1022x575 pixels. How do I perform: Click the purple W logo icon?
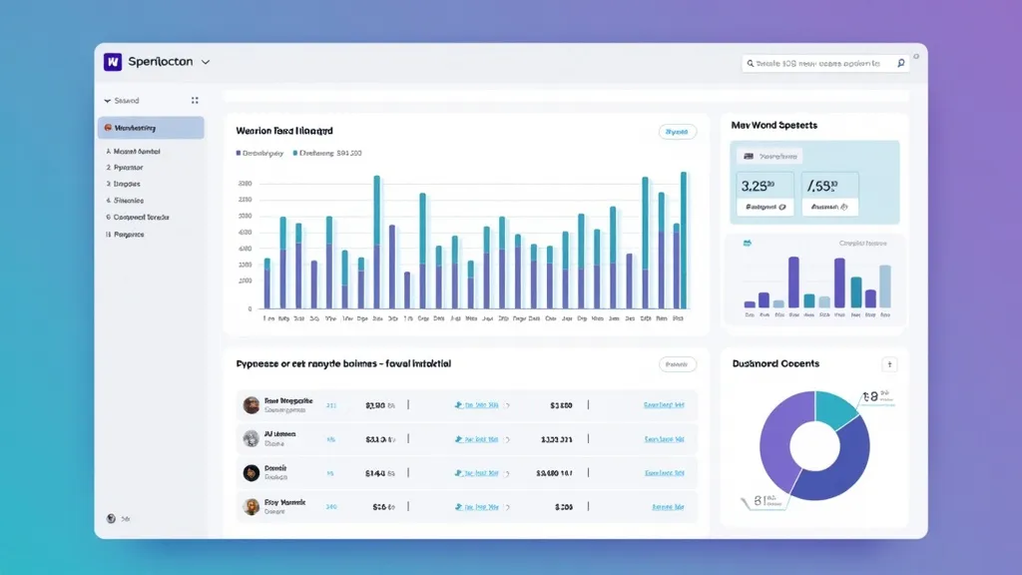(x=112, y=62)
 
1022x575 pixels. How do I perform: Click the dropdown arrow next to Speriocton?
(x=206, y=62)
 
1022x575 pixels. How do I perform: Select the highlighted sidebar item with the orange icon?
(x=151, y=128)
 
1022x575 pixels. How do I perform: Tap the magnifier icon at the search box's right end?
(x=900, y=63)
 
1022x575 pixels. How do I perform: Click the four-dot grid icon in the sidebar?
(x=195, y=101)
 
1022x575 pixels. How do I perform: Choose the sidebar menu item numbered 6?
(x=139, y=217)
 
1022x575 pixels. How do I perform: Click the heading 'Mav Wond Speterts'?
(x=773, y=126)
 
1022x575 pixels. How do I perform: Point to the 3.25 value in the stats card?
(x=759, y=185)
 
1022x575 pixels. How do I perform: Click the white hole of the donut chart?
(x=814, y=444)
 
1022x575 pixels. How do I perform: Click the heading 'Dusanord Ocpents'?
(x=774, y=364)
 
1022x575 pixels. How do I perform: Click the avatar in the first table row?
(x=252, y=405)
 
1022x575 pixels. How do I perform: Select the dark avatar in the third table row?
(x=252, y=472)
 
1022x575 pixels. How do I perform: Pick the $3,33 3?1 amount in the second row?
(x=556, y=439)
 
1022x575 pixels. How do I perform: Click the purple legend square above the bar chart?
(x=239, y=154)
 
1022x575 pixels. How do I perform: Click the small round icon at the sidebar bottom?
(x=112, y=518)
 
